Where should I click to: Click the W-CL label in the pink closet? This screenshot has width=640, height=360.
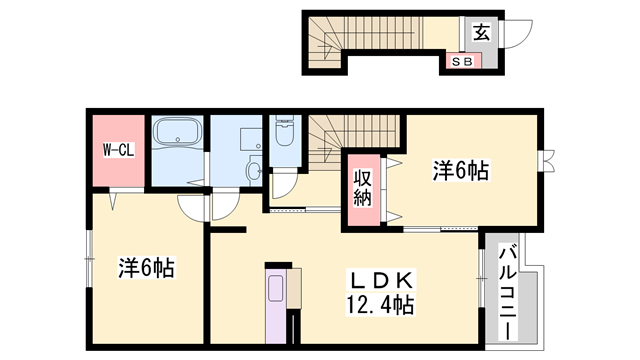tap(118, 151)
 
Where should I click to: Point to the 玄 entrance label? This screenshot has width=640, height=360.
tap(481, 32)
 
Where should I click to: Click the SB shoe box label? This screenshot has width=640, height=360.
tap(463, 61)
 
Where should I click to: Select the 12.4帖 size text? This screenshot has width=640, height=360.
tap(381, 302)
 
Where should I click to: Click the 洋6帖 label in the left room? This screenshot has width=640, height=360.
tap(146, 268)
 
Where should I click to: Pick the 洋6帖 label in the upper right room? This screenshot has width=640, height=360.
tap(460, 172)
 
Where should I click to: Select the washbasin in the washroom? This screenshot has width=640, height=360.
tap(254, 170)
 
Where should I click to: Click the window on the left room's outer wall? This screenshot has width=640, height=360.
tap(88, 255)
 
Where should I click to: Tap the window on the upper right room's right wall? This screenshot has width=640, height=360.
tap(546, 163)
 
